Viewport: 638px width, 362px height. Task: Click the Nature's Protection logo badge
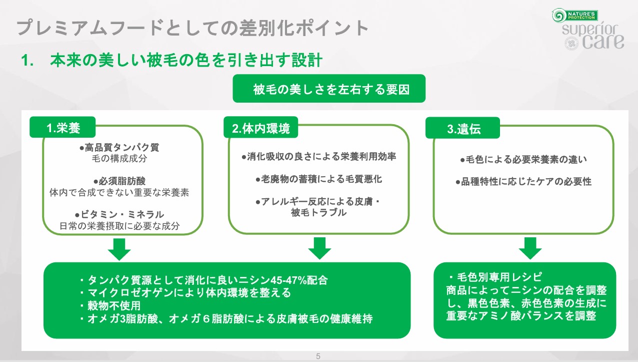click(575, 16)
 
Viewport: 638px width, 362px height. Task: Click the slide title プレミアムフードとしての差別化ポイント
click(192, 28)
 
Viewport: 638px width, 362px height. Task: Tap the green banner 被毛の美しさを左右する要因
click(329, 89)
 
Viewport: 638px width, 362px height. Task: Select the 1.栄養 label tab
click(62, 127)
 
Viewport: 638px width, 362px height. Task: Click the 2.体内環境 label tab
click(260, 128)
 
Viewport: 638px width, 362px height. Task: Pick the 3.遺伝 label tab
click(463, 128)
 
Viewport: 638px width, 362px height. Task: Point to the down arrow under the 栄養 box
click(119, 249)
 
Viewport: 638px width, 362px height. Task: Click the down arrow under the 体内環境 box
click(319, 248)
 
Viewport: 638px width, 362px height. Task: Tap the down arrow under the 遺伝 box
click(530, 248)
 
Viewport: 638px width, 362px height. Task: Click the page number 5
click(318, 356)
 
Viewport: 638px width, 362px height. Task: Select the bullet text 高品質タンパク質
click(122, 148)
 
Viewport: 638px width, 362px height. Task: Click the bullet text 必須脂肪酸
click(122, 181)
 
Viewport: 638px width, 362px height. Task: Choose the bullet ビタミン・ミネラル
click(122, 214)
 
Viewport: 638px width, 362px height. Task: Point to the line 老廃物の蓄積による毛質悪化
click(321, 179)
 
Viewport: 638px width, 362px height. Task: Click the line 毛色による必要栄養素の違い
click(526, 159)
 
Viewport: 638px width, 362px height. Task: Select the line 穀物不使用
click(114, 305)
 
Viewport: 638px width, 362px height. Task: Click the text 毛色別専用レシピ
click(499, 277)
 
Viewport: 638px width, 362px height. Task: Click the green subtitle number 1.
click(27, 61)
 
